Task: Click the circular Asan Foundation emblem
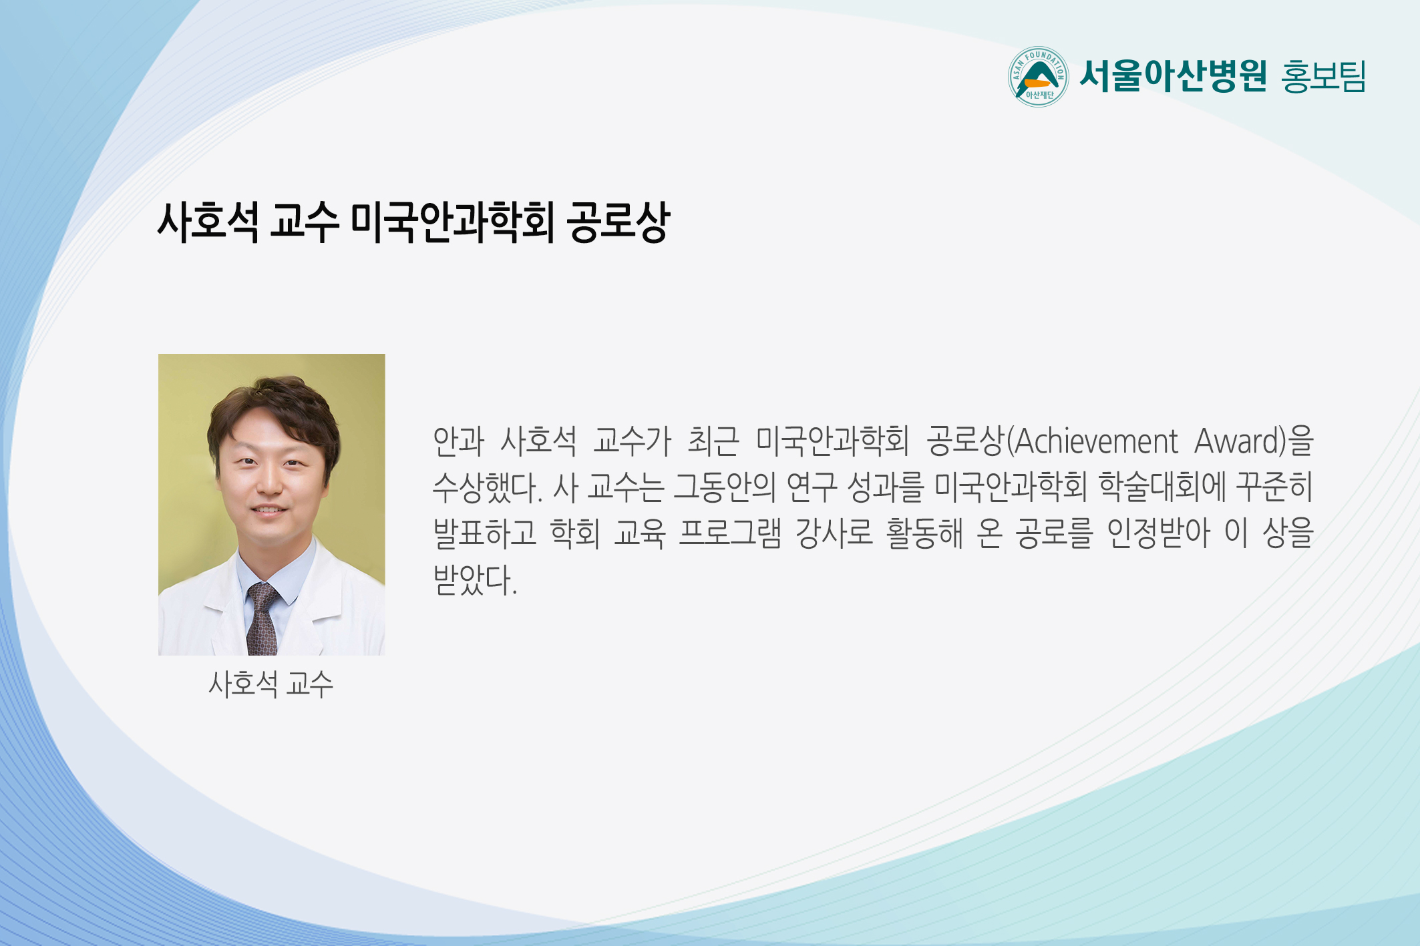coord(1038,77)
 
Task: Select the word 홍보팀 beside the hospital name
coord(1323,76)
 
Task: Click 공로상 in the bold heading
coord(618,222)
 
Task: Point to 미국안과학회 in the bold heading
coord(452,222)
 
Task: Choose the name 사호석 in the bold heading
coord(208,222)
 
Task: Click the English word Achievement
coord(1096,441)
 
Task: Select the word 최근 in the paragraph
coord(713,441)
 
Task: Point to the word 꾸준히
coord(1275,487)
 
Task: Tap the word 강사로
coord(834,533)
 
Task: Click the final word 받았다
coord(475,579)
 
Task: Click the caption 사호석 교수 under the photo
coord(271,684)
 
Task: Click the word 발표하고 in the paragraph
coord(485,533)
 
